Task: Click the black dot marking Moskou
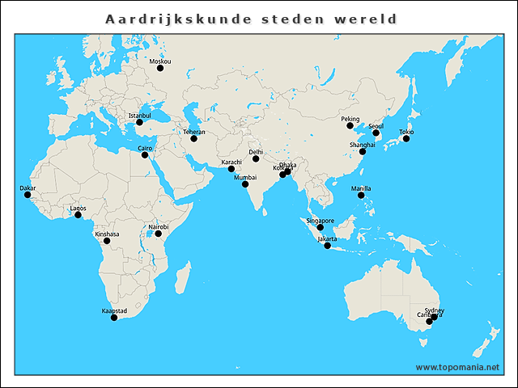(160, 69)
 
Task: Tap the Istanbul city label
(139, 116)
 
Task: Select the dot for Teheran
(193, 139)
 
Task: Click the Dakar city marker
(27, 195)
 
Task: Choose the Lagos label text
(79, 208)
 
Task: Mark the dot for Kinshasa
(107, 241)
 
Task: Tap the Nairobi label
(159, 227)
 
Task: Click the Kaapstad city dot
(114, 318)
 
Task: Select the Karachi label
(231, 162)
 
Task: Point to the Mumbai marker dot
(245, 184)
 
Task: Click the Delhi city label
(256, 152)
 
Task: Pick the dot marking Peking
(350, 126)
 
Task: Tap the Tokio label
(406, 132)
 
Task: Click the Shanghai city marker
(363, 151)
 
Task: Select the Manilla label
(362, 188)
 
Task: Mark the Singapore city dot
(321, 227)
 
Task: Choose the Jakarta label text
(327, 239)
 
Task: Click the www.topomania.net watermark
(457, 367)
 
